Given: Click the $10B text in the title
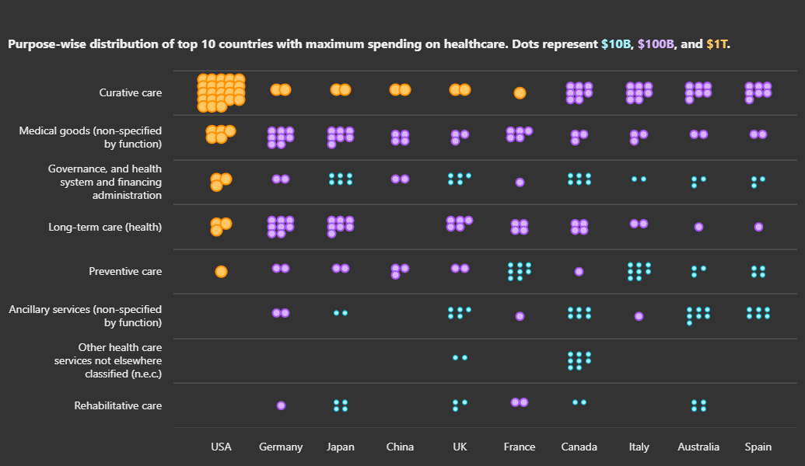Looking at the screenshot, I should pos(616,44).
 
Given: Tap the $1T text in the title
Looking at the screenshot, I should pos(717,44).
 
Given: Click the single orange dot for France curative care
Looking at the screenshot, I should pos(520,93).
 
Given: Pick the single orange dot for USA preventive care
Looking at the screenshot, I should pos(221,272).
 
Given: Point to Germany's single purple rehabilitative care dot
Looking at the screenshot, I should pos(281,405).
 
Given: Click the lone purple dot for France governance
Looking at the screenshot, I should pos(520,183).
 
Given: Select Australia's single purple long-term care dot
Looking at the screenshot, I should pos(698,227).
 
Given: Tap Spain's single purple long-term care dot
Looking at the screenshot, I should pos(758,227).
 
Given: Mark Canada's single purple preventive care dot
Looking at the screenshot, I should pos(579,272).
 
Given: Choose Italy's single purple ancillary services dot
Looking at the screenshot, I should pos(639,316).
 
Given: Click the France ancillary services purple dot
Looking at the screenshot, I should pos(520,316).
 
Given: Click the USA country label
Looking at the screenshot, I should pos(221,447).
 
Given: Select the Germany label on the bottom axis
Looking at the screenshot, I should pos(281,447).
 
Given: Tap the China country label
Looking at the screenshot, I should pos(400,447).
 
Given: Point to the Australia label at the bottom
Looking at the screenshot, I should pos(698,447).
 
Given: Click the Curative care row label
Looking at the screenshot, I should pos(131,93).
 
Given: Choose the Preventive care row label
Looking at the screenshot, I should pos(125,272).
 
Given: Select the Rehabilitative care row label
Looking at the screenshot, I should pos(118,405).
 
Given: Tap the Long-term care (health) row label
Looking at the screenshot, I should pos(105,227).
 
